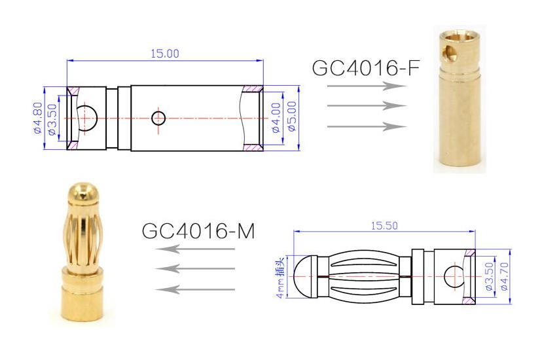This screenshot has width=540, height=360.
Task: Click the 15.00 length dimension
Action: click(165, 54)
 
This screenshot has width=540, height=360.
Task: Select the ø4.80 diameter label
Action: click(37, 118)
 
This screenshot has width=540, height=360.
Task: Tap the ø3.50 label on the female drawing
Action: click(52, 118)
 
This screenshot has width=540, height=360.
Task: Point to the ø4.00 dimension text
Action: click(276, 118)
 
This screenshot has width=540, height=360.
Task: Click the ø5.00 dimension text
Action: click(291, 118)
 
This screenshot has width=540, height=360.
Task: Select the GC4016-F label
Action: click(365, 68)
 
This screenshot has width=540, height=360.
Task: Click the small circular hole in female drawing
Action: click(158, 118)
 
